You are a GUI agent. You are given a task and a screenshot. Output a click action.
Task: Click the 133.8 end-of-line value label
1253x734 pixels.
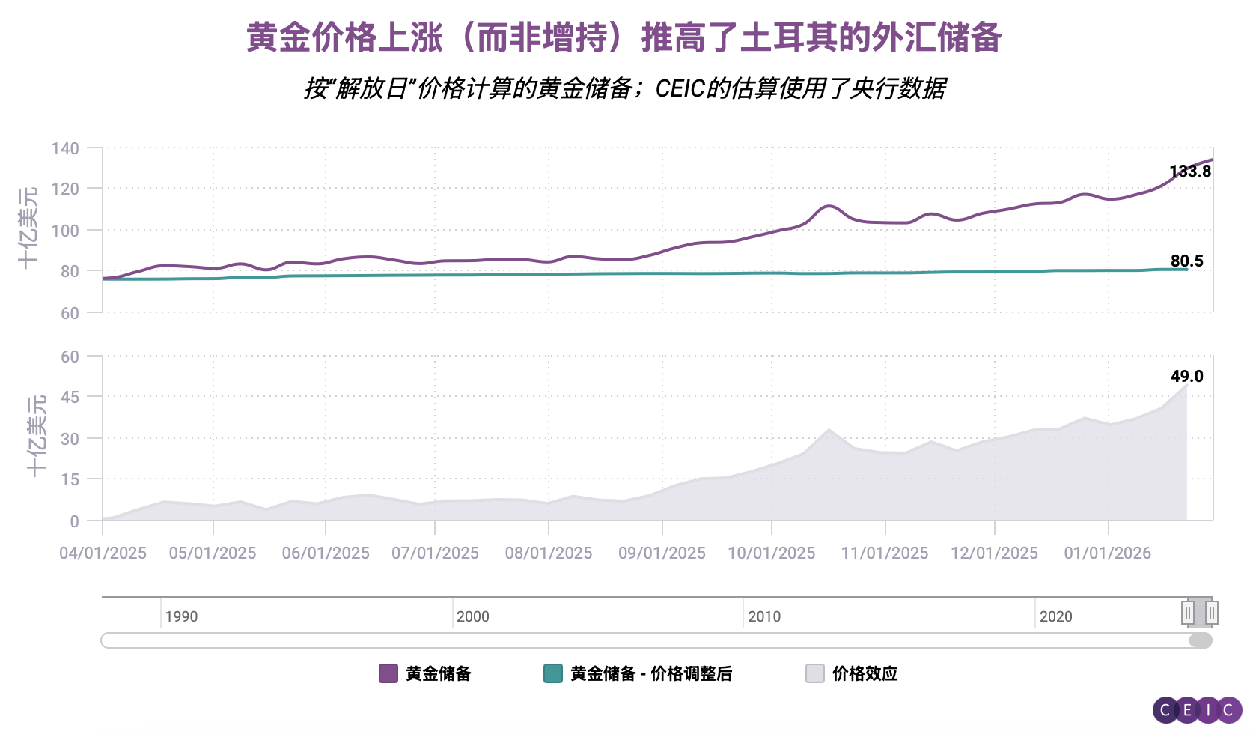1190,172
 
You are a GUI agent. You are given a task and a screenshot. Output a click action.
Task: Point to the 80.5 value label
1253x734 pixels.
1186,261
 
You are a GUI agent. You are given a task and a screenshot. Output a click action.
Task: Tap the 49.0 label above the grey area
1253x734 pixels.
1186,377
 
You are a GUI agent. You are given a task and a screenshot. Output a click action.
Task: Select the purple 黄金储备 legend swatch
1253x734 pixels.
388,673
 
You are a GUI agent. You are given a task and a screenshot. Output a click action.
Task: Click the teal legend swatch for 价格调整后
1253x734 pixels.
552,673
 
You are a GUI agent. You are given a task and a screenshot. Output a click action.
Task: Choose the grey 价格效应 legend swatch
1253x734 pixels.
815,673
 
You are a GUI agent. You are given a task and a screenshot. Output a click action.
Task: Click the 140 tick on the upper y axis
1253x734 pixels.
65,148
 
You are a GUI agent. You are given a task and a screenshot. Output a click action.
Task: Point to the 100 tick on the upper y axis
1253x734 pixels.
65,231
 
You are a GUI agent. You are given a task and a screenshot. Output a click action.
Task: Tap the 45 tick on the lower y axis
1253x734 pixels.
70,397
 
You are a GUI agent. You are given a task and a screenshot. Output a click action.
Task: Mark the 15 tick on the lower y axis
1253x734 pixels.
70,479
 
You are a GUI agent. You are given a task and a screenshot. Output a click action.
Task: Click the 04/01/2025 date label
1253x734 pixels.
103,553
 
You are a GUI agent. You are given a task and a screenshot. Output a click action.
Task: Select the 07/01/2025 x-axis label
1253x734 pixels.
435,553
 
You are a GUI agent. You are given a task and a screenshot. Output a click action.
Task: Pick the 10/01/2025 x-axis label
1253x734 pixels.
771,553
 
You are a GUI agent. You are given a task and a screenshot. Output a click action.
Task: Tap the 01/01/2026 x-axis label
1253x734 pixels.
1107,553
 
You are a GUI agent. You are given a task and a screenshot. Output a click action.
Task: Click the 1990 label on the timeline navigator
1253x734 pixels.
181,616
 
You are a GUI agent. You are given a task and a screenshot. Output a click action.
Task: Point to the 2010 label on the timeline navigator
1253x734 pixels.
764,616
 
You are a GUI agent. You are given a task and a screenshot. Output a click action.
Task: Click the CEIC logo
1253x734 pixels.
1197,710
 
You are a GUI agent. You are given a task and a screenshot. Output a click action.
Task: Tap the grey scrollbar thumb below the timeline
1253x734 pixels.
1200,640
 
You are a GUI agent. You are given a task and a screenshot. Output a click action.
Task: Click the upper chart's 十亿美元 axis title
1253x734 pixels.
28,228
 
